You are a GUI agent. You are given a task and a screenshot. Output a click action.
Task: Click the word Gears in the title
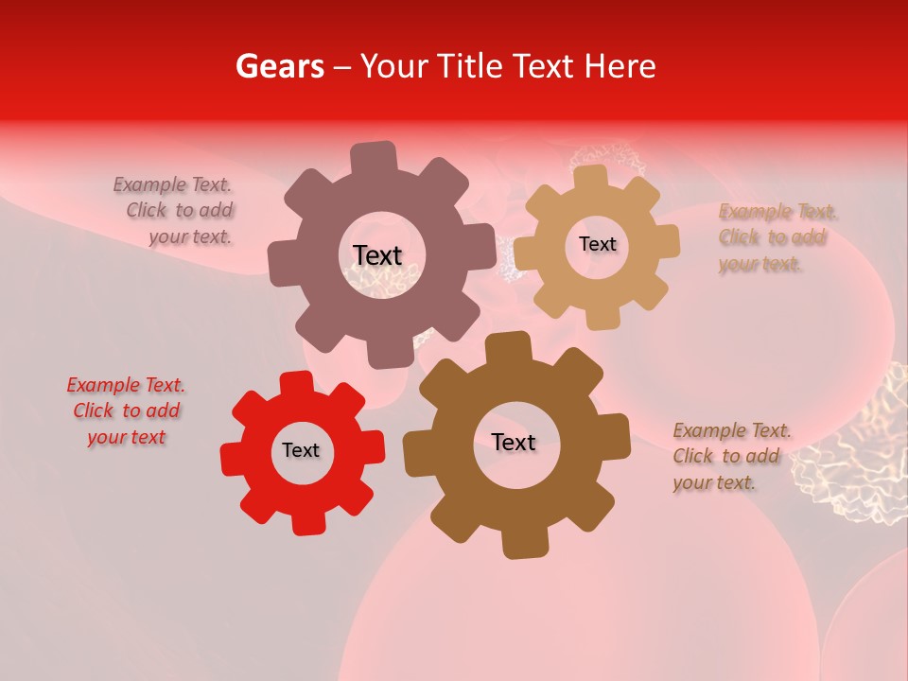(x=278, y=67)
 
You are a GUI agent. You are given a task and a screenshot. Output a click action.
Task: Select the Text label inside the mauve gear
(x=377, y=255)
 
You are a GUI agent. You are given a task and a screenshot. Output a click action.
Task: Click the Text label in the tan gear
(x=597, y=244)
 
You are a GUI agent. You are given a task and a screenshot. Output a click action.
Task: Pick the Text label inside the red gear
(x=301, y=450)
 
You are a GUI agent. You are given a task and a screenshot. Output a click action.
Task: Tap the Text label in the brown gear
(x=514, y=442)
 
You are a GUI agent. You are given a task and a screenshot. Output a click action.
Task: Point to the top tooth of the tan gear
(x=592, y=177)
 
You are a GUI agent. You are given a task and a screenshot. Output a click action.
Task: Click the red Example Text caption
(x=126, y=411)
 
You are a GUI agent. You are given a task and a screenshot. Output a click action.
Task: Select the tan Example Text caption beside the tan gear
(x=774, y=237)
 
